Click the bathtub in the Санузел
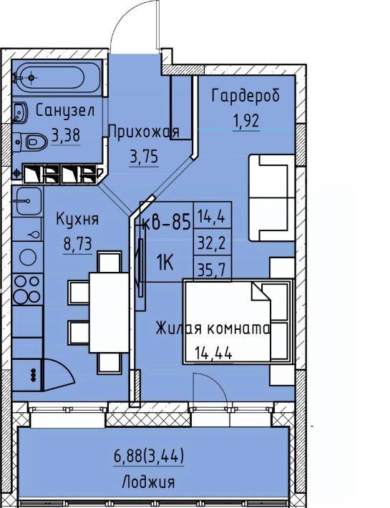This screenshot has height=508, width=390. tap(58, 78)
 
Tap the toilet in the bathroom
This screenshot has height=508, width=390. tap(31, 142)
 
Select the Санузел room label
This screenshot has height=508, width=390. tap(65, 111)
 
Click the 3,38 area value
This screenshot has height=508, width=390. tap(66, 135)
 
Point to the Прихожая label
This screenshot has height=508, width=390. tap(144, 132)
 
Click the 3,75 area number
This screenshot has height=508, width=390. tap(144, 157)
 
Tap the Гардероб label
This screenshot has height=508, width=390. tap(245, 95)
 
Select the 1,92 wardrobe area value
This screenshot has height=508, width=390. tap(246, 120)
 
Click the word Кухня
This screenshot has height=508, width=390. tap(77, 219)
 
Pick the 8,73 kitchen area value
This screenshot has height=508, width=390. tap(78, 244)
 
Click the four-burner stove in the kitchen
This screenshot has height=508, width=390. tap(27, 289)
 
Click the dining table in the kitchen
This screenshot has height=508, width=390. tap(109, 313)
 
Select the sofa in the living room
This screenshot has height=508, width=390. tap(271, 198)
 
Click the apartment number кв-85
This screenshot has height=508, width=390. tap(166, 223)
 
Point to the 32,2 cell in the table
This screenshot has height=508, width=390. tap(212, 242)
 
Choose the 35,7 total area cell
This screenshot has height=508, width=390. tap(212, 268)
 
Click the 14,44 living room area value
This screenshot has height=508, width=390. tap(213, 353)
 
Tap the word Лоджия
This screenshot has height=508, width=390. tap(148, 482)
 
